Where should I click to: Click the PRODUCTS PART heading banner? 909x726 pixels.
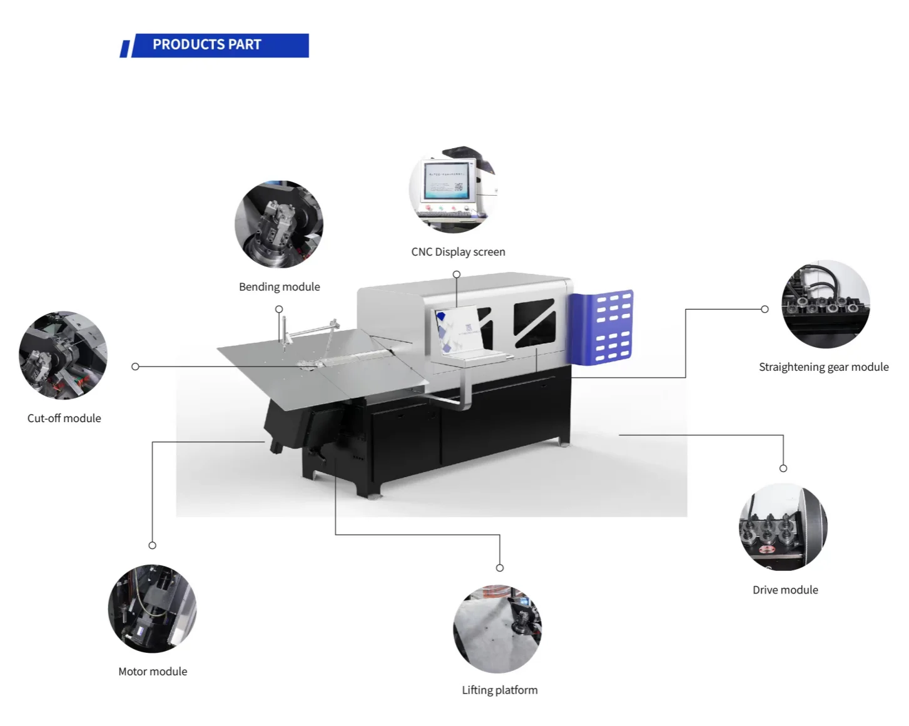pyautogui.click(x=215, y=45)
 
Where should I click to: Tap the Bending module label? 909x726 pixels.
pyautogui.click(x=279, y=287)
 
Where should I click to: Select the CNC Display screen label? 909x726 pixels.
pyautogui.click(x=458, y=252)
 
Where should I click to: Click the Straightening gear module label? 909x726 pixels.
pyautogui.click(x=823, y=367)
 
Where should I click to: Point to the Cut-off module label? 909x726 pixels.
pyautogui.click(x=64, y=418)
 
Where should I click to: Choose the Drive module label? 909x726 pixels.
pyautogui.click(x=785, y=590)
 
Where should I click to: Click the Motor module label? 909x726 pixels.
pyautogui.click(x=153, y=672)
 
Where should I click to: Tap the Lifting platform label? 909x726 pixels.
pyautogui.click(x=499, y=690)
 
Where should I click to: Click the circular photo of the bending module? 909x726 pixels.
pyautogui.click(x=279, y=225)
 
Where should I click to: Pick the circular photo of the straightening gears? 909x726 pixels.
pyautogui.click(x=825, y=304)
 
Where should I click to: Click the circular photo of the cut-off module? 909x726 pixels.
pyautogui.click(x=63, y=355)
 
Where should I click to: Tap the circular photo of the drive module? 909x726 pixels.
pyautogui.click(x=783, y=527)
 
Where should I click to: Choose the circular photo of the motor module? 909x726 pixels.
pyautogui.click(x=152, y=609)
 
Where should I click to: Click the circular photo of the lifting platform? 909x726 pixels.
pyautogui.click(x=497, y=629)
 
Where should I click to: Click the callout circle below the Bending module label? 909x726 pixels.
pyautogui.click(x=279, y=310)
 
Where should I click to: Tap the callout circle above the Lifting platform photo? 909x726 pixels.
pyautogui.click(x=500, y=568)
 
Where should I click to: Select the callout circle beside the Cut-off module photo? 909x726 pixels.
pyautogui.click(x=135, y=366)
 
